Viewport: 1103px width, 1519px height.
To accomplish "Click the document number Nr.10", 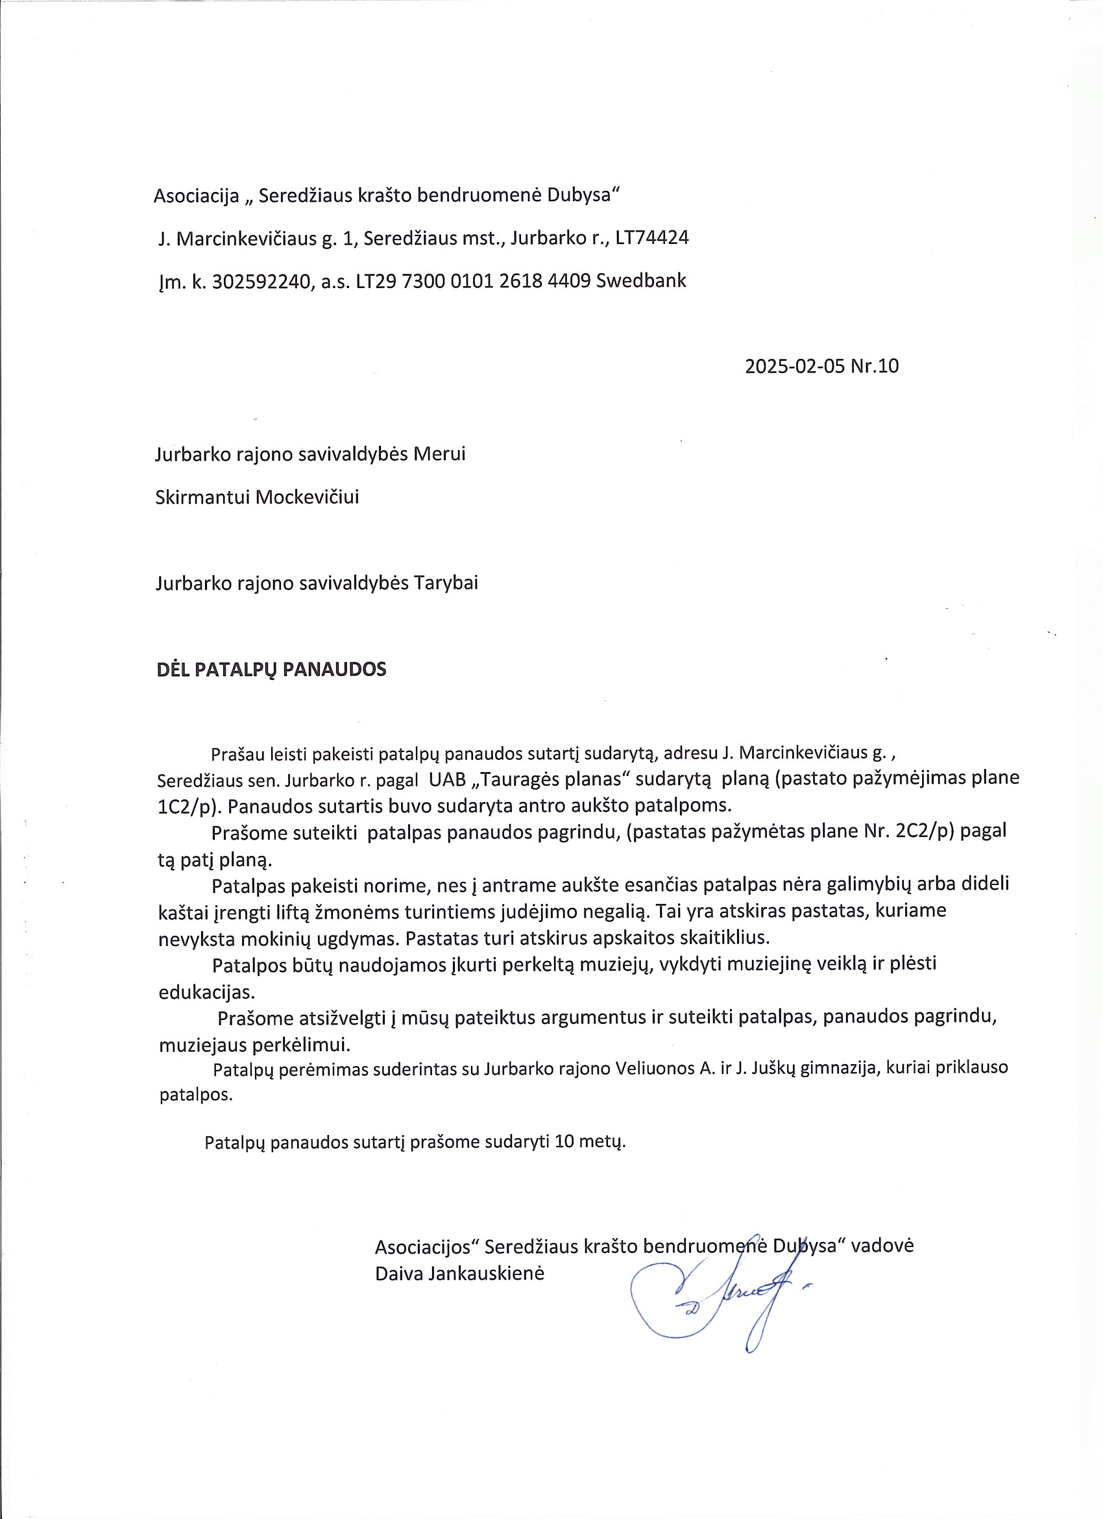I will tap(875, 367).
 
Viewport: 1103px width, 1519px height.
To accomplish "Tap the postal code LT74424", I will tap(651, 237).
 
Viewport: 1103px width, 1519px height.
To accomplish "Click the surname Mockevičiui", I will tap(308, 497).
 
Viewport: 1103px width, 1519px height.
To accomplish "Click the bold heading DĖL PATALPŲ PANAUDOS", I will tap(271, 670).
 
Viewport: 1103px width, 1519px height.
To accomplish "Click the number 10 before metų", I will tap(564, 1141).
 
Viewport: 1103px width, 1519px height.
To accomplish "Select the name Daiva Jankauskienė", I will tap(459, 1273).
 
